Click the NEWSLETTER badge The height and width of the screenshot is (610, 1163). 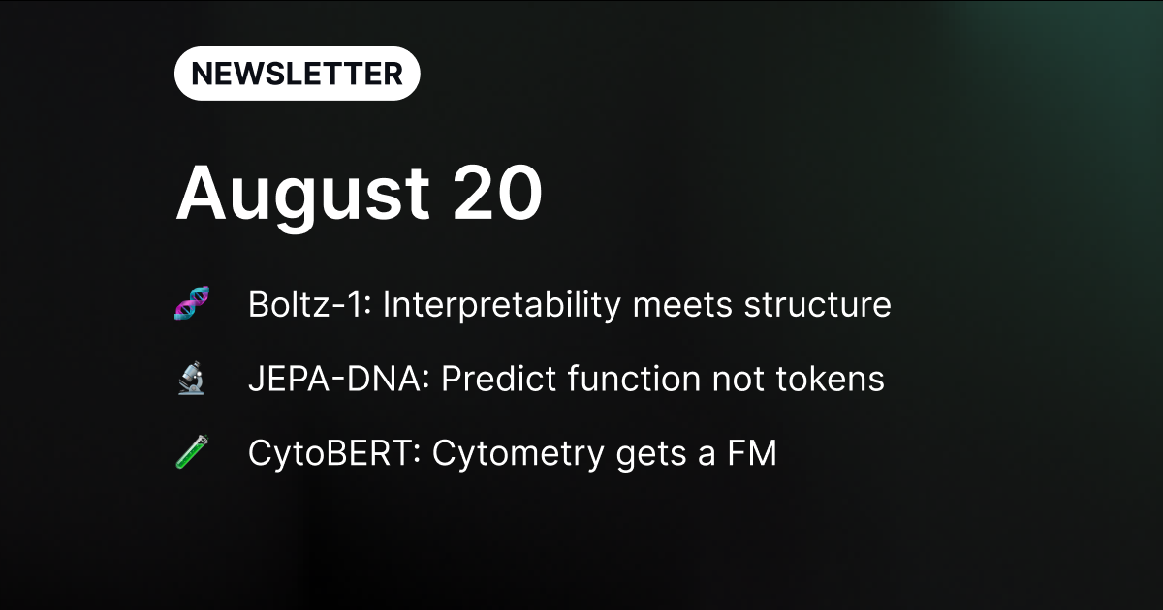click(297, 74)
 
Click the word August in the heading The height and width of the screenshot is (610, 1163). click(303, 197)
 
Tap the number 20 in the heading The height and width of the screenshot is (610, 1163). click(497, 193)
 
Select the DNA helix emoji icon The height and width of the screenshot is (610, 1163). click(192, 303)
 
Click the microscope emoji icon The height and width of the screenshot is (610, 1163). click(192, 379)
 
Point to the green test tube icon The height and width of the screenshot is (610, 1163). click(192, 452)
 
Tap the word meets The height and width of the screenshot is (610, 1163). click(682, 305)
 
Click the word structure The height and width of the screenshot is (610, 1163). click(818, 305)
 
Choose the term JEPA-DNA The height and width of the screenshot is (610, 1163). click(338, 379)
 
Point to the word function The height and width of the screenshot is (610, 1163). click(634, 379)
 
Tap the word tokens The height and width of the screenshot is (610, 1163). click(830, 379)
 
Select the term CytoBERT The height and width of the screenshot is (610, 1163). click(333, 454)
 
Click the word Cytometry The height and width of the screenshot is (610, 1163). click(518, 454)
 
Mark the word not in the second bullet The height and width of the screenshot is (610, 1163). click(738, 380)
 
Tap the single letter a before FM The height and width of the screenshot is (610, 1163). click(707, 456)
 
